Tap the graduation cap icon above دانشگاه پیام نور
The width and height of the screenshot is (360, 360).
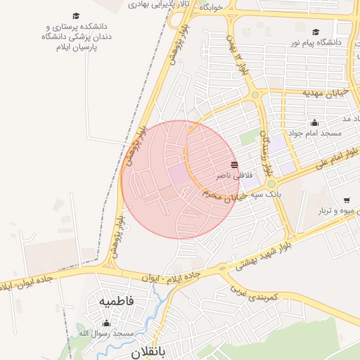tap(316, 32)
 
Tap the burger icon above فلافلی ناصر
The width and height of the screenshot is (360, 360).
tap(234, 164)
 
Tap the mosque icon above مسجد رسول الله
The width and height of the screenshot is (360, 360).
tap(106, 323)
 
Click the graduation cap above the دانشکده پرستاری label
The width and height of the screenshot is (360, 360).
tap(75, 15)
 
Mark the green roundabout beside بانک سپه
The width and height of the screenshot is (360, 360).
tap(271, 184)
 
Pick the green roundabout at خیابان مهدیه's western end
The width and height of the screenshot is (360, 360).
tap(255, 95)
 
